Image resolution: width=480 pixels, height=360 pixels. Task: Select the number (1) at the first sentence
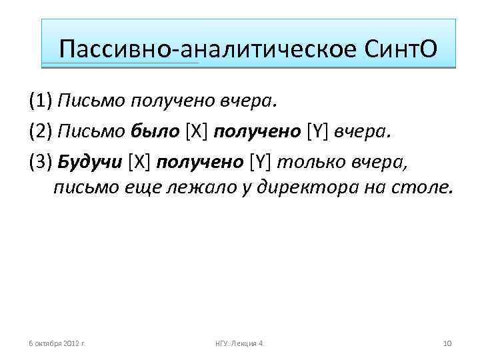[x=41, y=101]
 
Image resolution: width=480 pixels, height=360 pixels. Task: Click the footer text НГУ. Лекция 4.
[x=240, y=343]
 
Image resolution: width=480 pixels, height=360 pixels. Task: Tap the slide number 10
[x=447, y=343]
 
